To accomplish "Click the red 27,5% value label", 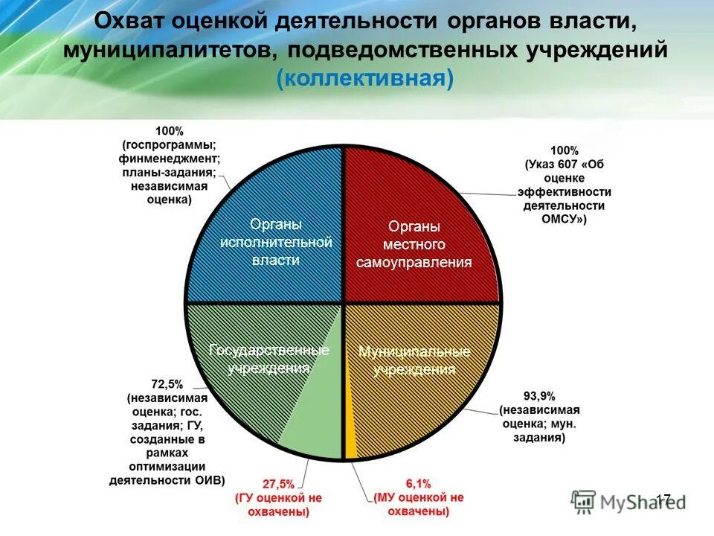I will point(271,482).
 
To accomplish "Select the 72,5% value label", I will point(168,383).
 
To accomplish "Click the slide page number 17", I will point(663,500).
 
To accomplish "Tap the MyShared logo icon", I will point(584,501).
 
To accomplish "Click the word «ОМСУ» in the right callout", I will point(559,219).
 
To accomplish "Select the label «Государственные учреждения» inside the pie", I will point(269,359).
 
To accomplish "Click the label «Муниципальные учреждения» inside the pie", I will point(414,360).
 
